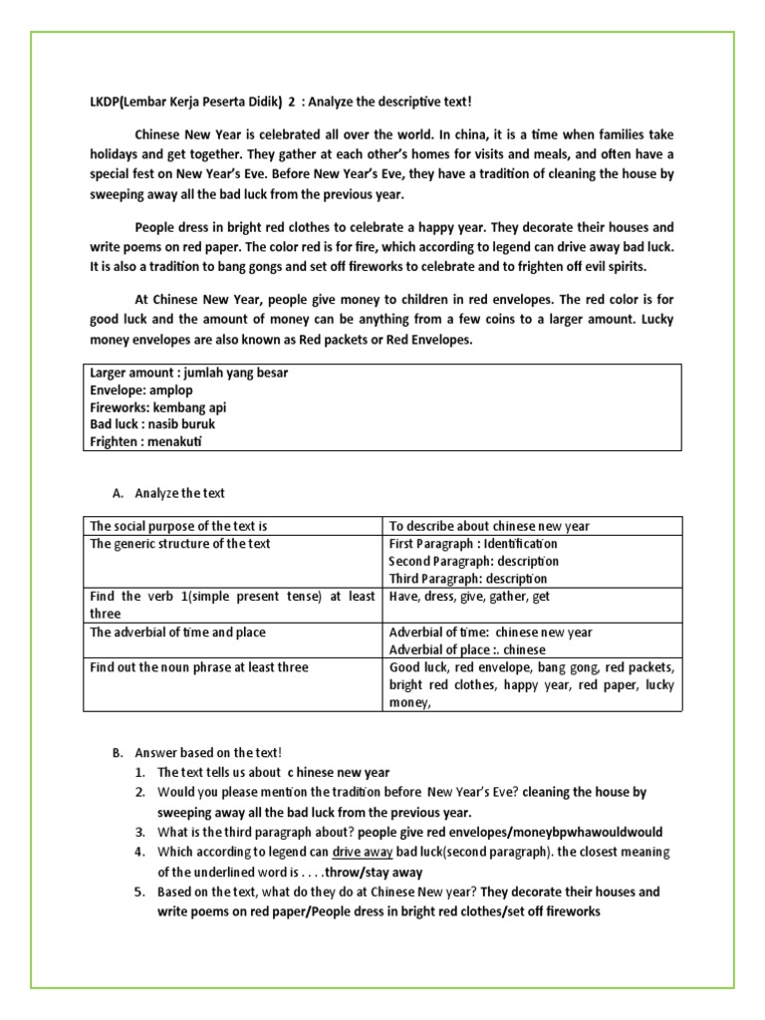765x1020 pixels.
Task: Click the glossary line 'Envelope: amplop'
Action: click(140, 390)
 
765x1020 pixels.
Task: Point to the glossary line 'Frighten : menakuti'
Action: click(145, 440)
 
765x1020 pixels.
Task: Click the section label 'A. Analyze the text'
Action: click(173, 493)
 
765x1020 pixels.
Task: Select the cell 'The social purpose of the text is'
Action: click(178, 526)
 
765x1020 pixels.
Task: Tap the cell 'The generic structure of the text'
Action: click(179, 544)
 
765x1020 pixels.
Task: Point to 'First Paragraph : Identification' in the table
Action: click(472, 544)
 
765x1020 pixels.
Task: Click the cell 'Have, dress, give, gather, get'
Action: click(469, 597)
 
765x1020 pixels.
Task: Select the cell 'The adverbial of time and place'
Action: click(177, 633)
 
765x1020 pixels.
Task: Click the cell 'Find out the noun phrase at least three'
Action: click(198, 667)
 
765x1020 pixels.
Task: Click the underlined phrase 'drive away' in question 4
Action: click(362, 853)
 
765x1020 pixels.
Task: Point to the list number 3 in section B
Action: click(141, 832)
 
